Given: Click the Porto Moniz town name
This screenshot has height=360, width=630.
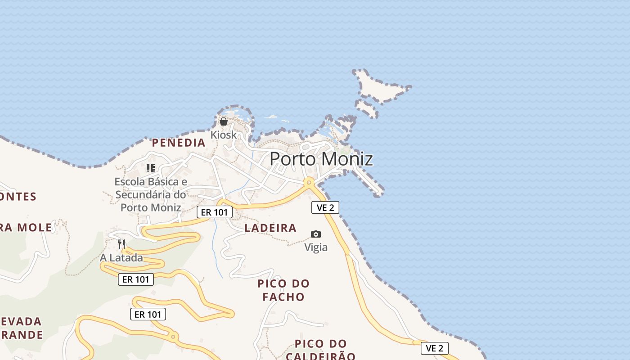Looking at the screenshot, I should coord(321,159).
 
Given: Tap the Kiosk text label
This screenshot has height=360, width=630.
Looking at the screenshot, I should coord(224,135).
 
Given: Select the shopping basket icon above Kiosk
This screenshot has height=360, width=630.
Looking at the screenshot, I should coord(224,121).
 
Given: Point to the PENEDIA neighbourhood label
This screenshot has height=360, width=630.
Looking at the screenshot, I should coord(179,143).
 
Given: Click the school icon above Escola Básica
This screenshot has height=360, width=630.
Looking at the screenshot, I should coord(151,168).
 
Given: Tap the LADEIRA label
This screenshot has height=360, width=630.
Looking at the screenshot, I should coord(270,228).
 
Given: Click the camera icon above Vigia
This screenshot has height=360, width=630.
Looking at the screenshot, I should coord(316,234).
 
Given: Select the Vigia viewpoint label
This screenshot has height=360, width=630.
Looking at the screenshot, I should coord(316,247).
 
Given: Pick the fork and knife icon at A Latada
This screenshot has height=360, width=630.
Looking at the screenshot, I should coord(121,244).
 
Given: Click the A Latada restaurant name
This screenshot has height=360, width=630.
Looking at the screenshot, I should coord(121,258).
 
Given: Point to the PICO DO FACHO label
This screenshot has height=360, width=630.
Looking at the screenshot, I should coord(283,290).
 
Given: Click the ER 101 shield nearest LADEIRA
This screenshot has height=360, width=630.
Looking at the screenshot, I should coord(215,212).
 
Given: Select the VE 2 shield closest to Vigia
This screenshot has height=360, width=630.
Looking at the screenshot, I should coord(325,207).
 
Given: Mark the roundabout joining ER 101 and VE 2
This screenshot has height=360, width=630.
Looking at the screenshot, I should coord(309,183).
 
